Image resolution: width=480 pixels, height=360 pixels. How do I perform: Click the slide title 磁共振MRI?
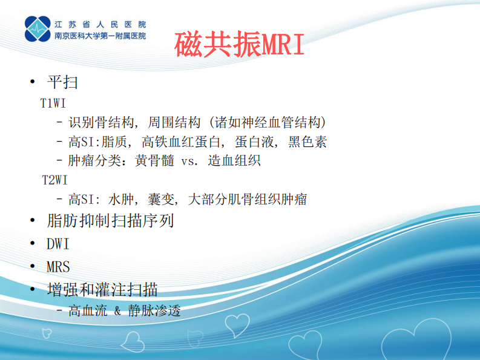[x=240, y=44]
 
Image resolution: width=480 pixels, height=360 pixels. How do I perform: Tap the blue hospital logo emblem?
[x=38, y=29]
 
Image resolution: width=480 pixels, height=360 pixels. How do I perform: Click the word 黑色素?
[x=307, y=142]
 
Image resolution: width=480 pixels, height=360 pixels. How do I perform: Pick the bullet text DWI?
[x=58, y=244]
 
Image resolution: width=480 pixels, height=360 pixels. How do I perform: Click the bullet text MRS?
[x=58, y=266]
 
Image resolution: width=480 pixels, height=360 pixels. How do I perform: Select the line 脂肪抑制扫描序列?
[x=110, y=221]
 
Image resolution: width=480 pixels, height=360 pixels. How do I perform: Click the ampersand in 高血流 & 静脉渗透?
[x=117, y=312]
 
